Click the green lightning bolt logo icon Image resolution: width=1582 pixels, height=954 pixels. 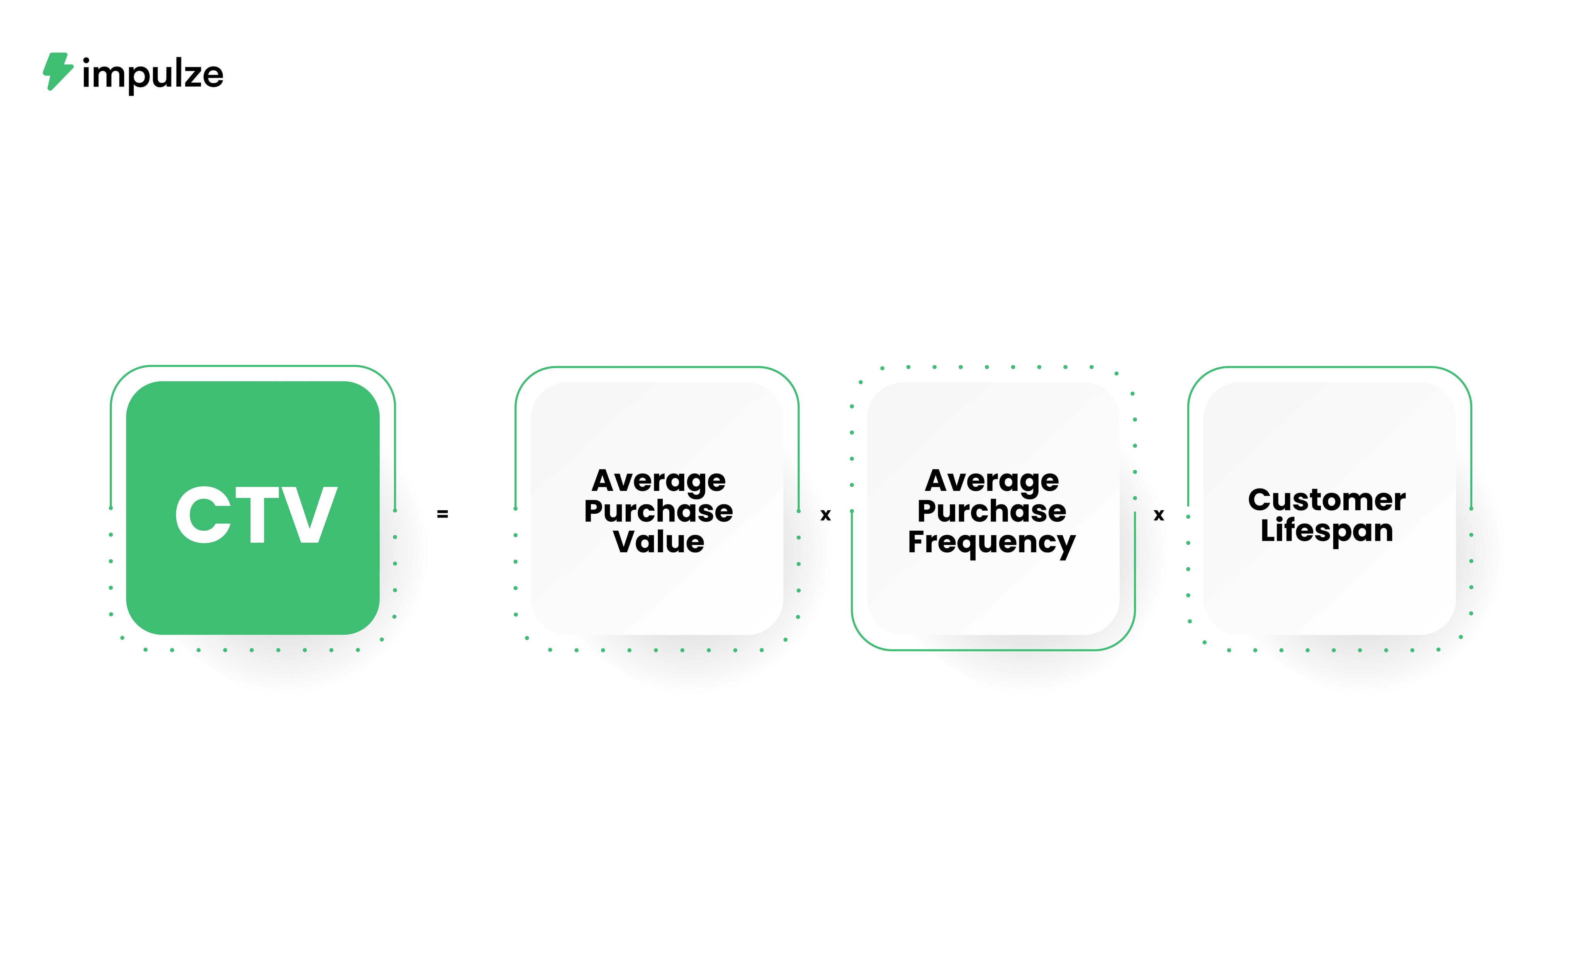(58, 71)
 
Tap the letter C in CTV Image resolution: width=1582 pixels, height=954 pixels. (203, 514)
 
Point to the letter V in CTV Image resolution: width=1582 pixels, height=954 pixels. (309, 514)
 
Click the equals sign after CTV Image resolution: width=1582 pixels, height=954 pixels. (442, 514)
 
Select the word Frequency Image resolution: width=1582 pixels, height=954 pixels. (991, 543)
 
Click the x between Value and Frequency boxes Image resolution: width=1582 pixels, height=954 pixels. (826, 515)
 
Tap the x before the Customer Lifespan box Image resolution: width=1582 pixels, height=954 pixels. (1159, 515)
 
